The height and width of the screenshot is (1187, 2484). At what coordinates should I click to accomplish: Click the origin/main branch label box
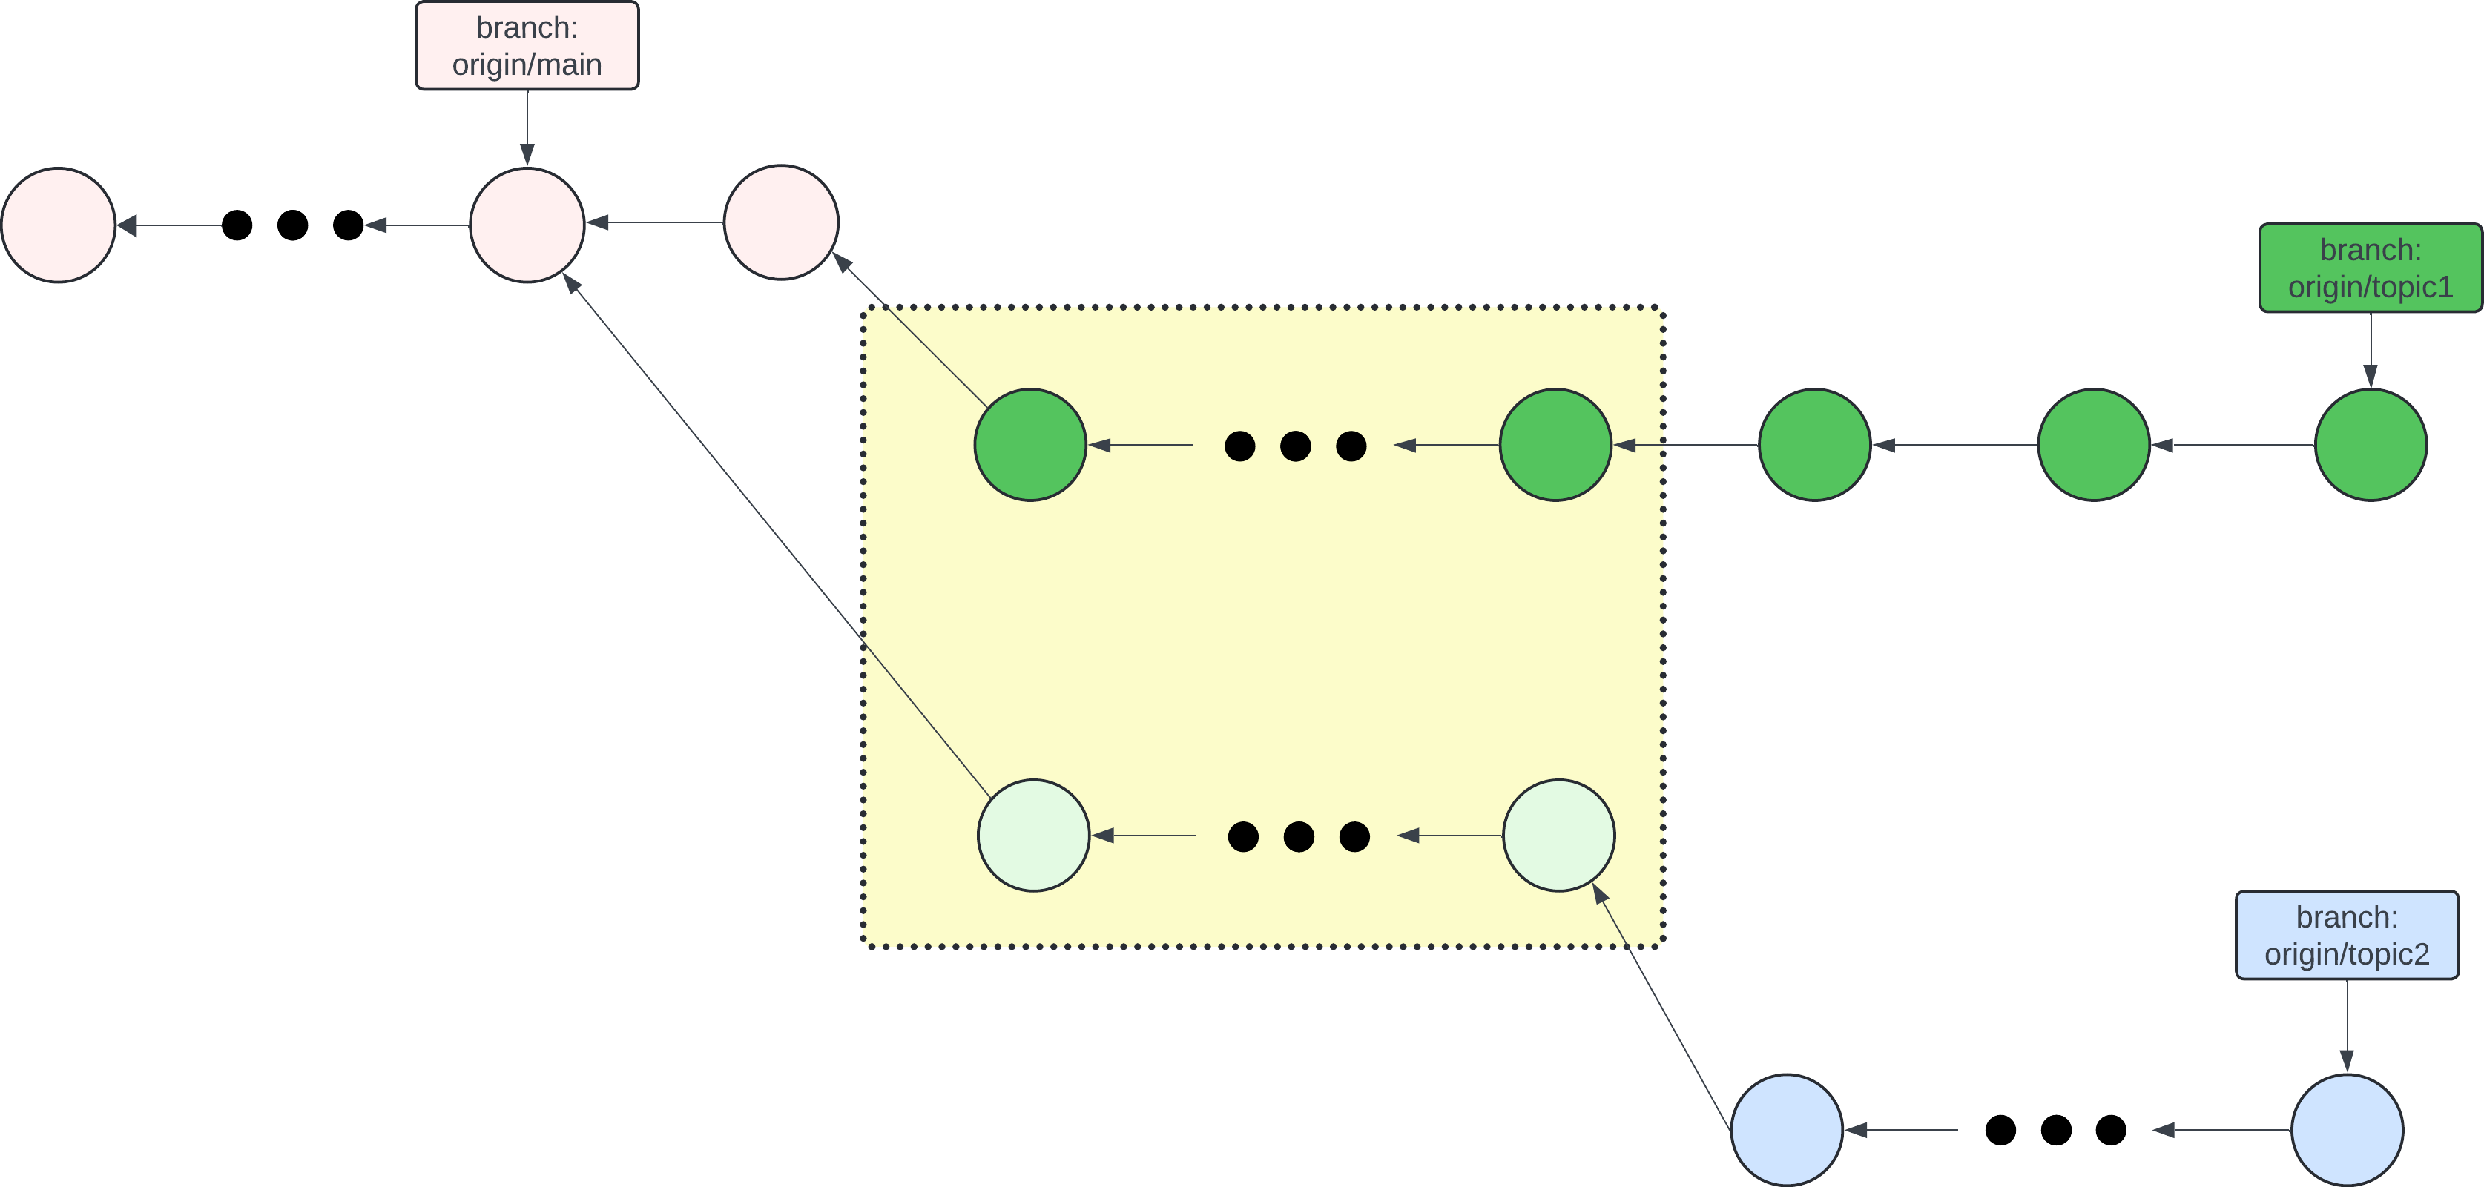(527, 45)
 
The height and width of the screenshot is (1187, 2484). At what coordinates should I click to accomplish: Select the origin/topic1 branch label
(2371, 268)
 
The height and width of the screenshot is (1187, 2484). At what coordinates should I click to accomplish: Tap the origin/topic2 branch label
(2346, 936)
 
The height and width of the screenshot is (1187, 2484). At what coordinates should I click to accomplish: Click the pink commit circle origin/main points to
(527, 225)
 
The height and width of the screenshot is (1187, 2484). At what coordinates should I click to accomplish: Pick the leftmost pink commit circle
(59, 225)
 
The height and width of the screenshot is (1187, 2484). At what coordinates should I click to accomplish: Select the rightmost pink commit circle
(781, 222)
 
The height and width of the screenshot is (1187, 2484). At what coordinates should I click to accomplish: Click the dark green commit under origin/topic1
(2371, 445)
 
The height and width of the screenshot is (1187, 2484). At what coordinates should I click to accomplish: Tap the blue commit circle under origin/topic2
(2346, 1129)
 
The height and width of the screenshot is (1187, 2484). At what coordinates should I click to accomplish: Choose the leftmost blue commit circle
(1787, 1129)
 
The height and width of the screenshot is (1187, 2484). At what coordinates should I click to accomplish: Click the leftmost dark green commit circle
(1029, 445)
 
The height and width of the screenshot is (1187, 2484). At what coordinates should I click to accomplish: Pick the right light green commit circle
(1558, 835)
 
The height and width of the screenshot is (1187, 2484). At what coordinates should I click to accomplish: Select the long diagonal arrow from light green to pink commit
(777, 535)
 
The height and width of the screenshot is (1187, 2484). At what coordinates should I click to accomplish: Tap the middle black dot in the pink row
(292, 225)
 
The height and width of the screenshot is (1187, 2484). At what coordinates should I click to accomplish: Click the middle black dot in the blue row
(2056, 1129)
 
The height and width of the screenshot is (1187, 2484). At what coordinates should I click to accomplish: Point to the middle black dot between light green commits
(1299, 836)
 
